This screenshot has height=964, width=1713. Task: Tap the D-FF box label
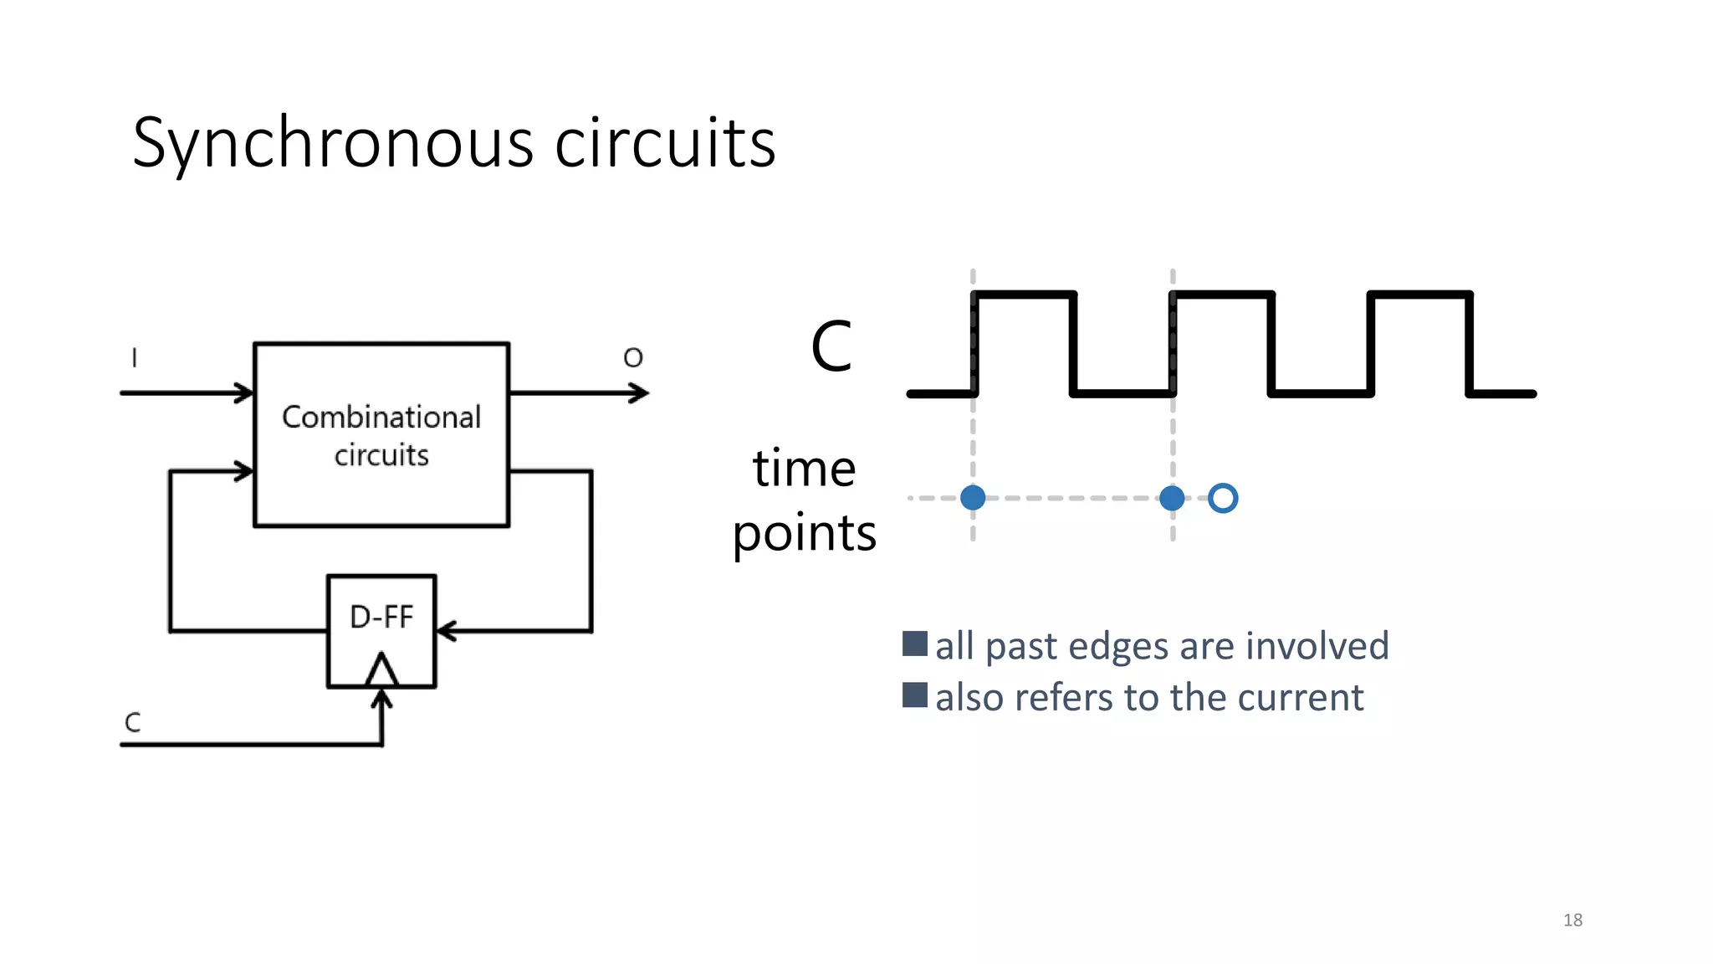coord(381,618)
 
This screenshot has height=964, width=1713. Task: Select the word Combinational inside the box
coord(381,418)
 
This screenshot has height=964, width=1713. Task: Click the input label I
coord(135,358)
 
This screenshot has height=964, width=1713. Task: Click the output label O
coord(633,358)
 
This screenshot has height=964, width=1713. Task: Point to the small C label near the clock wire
coord(133,722)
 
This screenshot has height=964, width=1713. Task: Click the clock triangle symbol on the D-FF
coord(382,671)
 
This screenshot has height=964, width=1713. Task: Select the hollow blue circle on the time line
coord(1223,498)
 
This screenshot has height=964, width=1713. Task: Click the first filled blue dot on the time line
coord(973,498)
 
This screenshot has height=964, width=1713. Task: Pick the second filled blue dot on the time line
coord(1172,498)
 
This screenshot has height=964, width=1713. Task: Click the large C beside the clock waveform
coord(831,346)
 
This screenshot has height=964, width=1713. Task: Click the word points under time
coord(804,534)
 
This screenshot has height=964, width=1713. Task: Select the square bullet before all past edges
coord(915,644)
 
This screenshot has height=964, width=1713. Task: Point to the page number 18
coord(1572,920)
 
